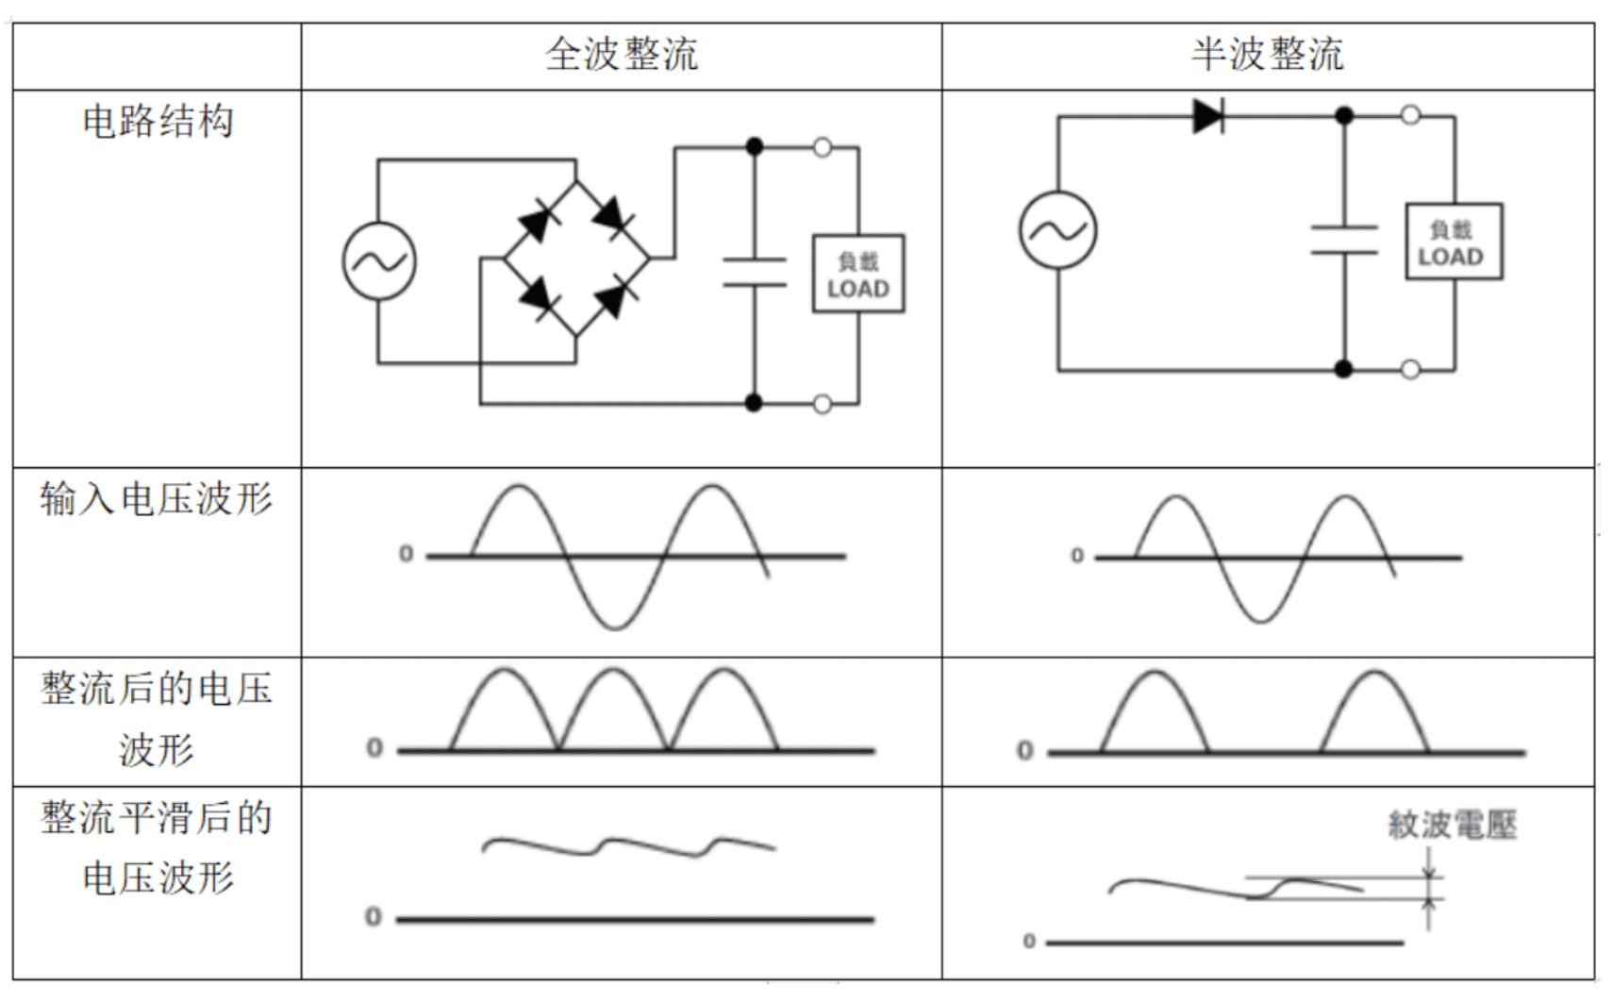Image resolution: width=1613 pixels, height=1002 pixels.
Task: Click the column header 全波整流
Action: tap(622, 55)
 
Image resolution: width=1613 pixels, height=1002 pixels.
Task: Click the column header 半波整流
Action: tap(1268, 55)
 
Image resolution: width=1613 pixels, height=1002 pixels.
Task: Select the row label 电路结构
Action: tap(158, 121)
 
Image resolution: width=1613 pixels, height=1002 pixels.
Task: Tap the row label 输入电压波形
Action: tap(157, 498)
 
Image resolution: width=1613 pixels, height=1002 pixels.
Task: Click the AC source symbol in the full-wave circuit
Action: tap(379, 260)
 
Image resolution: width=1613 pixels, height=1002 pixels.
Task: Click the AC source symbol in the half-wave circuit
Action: tap(1057, 230)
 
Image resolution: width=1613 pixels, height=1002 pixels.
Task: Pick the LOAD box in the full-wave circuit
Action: tap(858, 274)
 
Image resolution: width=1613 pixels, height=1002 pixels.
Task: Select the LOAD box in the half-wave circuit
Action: tap(1454, 242)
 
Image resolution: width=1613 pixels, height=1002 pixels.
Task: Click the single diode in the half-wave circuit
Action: tap(1209, 116)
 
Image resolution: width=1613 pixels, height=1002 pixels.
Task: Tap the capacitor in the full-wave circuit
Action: tap(754, 273)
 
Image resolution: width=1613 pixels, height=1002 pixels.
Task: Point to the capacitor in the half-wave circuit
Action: tap(1343, 240)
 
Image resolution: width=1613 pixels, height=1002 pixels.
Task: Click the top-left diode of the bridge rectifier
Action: tap(538, 221)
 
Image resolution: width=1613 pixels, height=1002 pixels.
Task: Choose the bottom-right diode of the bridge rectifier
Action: tap(613, 297)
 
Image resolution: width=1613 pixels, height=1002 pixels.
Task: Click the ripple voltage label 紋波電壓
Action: tap(1453, 824)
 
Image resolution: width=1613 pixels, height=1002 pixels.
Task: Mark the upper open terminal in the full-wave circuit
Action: tap(823, 148)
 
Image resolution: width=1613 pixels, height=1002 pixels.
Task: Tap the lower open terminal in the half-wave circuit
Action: tap(1410, 370)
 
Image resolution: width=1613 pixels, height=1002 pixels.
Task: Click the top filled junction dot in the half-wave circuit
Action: tap(1343, 115)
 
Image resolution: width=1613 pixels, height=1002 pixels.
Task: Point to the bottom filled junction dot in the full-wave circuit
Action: tap(754, 403)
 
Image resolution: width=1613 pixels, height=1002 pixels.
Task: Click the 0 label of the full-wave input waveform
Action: tap(407, 553)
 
